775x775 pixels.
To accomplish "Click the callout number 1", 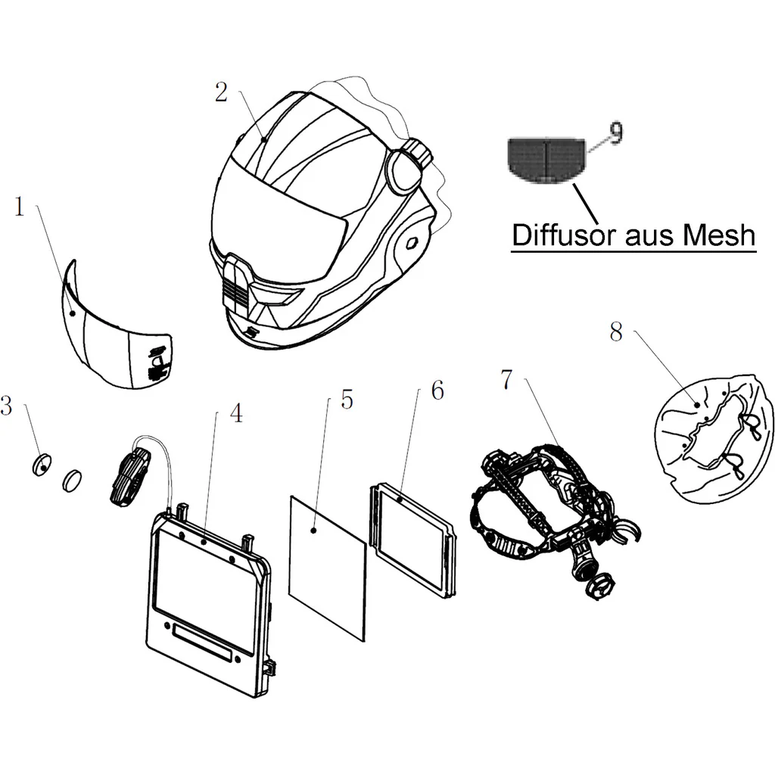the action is pyautogui.click(x=19, y=207).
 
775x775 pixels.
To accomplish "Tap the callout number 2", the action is pyautogui.click(x=221, y=92).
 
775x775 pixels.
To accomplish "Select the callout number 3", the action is pyautogui.click(x=6, y=406).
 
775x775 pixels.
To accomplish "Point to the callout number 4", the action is pyautogui.click(x=237, y=413).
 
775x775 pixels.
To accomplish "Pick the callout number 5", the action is pyautogui.click(x=347, y=400).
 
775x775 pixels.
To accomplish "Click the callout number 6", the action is pyautogui.click(x=438, y=391).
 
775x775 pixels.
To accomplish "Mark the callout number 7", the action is pyautogui.click(x=507, y=380).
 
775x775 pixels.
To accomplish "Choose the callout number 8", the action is pyautogui.click(x=616, y=331).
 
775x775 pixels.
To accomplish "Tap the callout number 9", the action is pyautogui.click(x=616, y=133).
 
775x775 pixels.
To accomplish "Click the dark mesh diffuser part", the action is pyautogui.click(x=546, y=159).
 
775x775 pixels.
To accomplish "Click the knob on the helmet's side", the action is pyautogui.click(x=417, y=152).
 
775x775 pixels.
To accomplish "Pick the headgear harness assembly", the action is pyautogui.click(x=555, y=520).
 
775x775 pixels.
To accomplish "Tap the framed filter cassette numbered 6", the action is pyautogui.click(x=414, y=542).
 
